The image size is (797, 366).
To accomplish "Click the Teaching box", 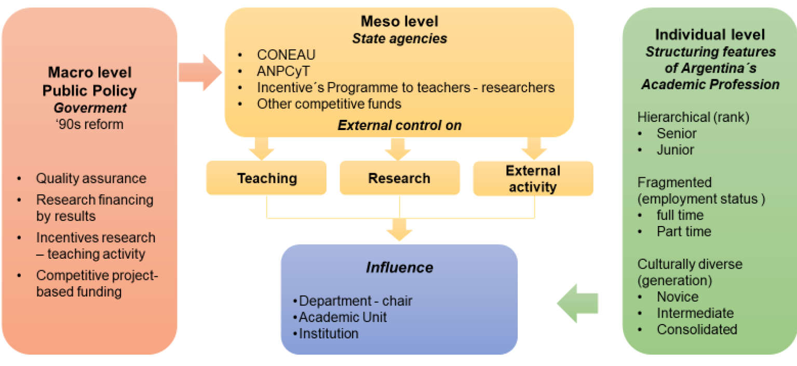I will point(266,178).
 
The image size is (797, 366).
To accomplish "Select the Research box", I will point(399,178).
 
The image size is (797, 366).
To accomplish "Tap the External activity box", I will point(533,178).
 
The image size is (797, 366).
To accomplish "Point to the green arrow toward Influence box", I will point(578,303).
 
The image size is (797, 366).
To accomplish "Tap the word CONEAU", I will point(286,55).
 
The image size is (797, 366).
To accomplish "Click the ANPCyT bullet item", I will point(283,71).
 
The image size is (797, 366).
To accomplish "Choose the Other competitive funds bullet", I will point(329,104).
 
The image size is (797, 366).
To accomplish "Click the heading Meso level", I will point(399,21).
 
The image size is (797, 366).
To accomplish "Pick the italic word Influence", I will point(399,268).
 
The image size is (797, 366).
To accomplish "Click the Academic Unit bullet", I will point(343,317).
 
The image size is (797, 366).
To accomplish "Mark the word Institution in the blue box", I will point(329,333).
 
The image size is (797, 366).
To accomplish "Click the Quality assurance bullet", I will point(91,178).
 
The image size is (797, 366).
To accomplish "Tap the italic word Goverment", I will point(89,108).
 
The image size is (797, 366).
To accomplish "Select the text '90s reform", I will point(89,124).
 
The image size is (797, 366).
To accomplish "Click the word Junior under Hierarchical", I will point(675,150).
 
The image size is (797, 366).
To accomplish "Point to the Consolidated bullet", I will point(696,329).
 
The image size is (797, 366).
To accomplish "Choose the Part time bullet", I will point(684,231).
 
